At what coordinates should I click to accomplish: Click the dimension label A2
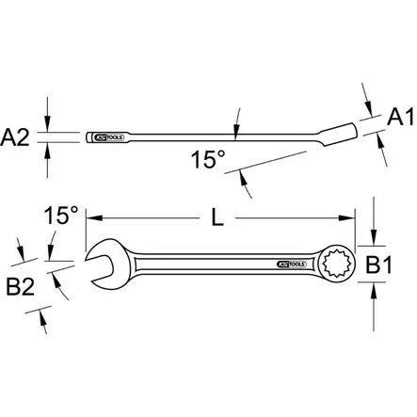pos(20,137)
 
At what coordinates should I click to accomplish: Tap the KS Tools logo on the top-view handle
pos(293,265)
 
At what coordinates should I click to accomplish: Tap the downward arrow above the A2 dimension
pos(48,123)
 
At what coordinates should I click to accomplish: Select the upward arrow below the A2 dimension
pos(48,152)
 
